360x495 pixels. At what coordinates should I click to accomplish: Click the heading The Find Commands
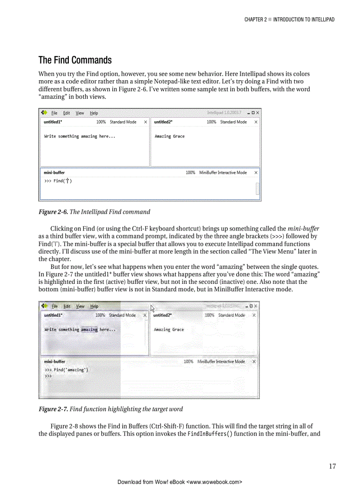tap(75, 60)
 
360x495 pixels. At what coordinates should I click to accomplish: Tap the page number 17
tap(332, 466)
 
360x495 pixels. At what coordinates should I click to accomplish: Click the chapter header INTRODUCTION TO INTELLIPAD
tap(304, 19)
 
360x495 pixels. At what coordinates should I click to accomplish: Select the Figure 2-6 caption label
tap(53, 212)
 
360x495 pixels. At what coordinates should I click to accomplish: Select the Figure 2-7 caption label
tap(53, 409)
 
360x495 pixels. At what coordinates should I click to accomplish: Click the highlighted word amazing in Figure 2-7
tap(89, 330)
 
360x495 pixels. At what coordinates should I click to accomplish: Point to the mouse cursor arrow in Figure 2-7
tap(153, 309)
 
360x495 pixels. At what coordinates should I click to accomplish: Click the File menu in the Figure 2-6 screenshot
tap(54, 113)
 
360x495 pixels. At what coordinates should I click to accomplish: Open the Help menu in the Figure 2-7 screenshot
tap(94, 306)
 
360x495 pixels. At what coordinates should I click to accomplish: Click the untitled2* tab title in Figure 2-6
tap(163, 122)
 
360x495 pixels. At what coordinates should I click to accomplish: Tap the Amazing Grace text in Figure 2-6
tap(169, 137)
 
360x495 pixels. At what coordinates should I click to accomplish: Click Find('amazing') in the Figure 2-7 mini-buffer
tap(71, 370)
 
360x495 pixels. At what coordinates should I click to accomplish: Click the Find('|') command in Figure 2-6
tap(63, 181)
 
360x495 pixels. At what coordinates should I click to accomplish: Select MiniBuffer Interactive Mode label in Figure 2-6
tap(223, 173)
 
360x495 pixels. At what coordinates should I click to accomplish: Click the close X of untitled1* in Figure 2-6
tap(145, 122)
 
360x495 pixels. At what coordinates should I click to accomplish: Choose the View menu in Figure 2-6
tap(79, 113)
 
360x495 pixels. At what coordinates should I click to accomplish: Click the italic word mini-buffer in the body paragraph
tap(303, 229)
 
